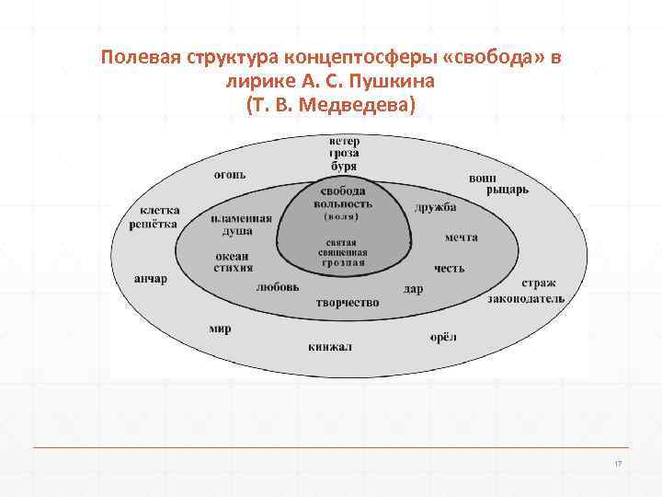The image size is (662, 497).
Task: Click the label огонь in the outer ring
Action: pos(231,175)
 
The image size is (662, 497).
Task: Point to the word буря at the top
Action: pos(345,167)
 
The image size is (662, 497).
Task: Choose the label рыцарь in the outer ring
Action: pos(507,190)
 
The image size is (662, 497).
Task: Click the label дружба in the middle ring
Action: pos(435,207)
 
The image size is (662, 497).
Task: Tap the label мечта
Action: pos(461,237)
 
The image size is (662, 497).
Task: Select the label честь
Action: pos(450,268)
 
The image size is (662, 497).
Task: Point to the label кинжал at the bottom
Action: pos(331,347)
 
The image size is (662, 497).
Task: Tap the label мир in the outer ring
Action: pos(220,329)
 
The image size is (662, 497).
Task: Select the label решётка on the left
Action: pos(154,225)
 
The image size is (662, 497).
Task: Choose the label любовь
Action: pos(278,286)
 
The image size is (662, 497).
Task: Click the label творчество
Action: pos(348,302)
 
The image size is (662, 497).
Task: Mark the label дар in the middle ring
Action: pos(414,289)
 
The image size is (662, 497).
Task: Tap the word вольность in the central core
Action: pos(343,204)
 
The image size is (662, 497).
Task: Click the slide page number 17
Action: pos(618,463)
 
